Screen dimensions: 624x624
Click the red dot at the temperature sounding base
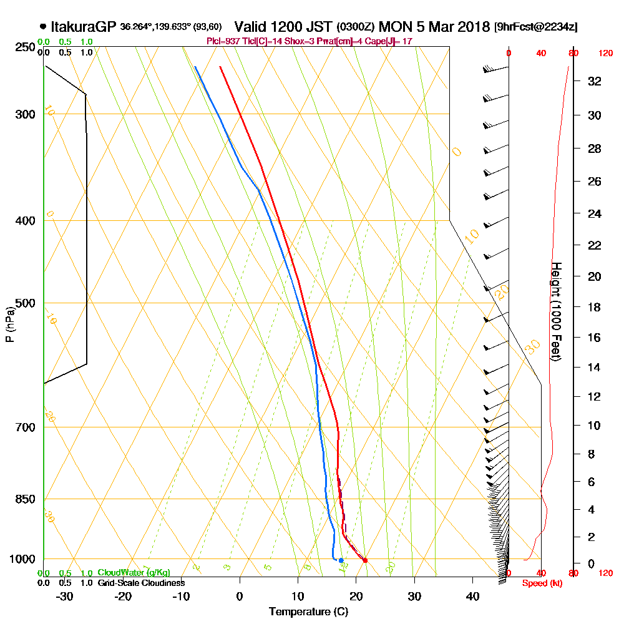pyautogui.click(x=365, y=560)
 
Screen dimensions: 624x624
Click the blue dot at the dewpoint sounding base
pyautogui.click(x=341, y=560)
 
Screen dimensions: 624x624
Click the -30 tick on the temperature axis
pyautogui.click(x=65, y=596)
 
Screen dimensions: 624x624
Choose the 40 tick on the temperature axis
pyautogui.click(x=472, y=596)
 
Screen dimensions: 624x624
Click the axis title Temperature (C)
pyautogui.click(x=308, y=612)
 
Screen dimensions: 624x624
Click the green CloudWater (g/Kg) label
pyautogui.click(x=134, y=573)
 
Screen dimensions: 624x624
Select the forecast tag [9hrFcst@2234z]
pyautogui.click(x=535, y=27)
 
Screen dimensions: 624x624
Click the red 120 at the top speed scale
pyautogui.click(x=605, y=54)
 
